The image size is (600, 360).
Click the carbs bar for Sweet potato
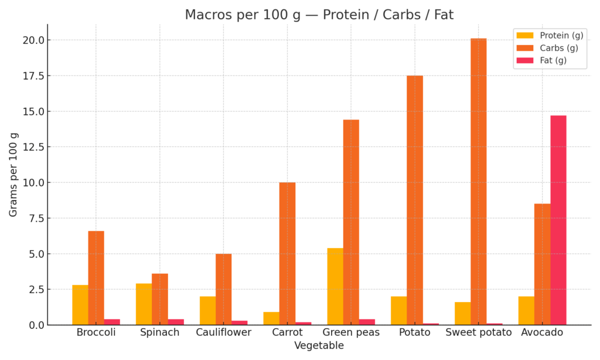coord(478,182)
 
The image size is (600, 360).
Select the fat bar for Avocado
coord(558,220)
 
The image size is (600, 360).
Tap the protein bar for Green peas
coord(335,286)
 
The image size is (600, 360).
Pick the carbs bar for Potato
coord(415,200)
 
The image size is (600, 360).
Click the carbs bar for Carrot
coord(287,253)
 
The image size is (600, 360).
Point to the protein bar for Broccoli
coord(80,305)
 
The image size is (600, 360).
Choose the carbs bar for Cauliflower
coord(223,289)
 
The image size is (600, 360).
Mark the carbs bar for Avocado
coord(542,264)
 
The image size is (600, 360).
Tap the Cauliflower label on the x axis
coord(223,332)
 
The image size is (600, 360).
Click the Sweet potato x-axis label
coord(478,332)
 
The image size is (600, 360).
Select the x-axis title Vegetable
coord(319,345)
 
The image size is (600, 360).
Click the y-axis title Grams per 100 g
coord(13,174)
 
